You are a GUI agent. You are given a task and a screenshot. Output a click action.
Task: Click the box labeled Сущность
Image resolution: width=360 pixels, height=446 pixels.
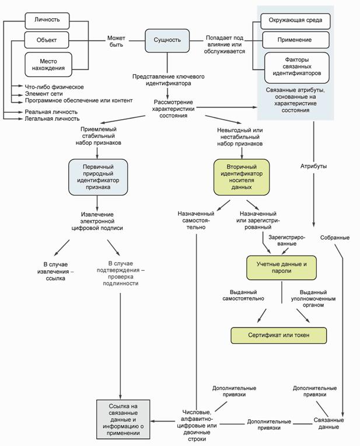pos(167,40)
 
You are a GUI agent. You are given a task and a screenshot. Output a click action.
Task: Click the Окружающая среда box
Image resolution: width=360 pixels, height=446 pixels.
pos(296,22)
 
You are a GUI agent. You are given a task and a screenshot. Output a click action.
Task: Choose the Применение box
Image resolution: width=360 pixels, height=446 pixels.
pos(296,40)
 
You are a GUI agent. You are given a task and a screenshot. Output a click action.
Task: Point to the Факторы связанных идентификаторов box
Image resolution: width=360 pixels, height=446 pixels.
pos(296,67)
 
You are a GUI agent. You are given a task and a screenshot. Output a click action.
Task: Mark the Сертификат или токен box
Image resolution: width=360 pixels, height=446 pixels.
pos(278,336)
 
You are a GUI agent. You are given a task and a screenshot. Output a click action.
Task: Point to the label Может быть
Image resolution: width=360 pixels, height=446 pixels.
pos(116,41)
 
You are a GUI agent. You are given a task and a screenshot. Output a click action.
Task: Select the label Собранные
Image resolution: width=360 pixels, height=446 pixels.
pos(334,238)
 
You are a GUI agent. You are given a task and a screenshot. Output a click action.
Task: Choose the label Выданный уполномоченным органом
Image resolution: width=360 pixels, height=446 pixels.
pos(313,298)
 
